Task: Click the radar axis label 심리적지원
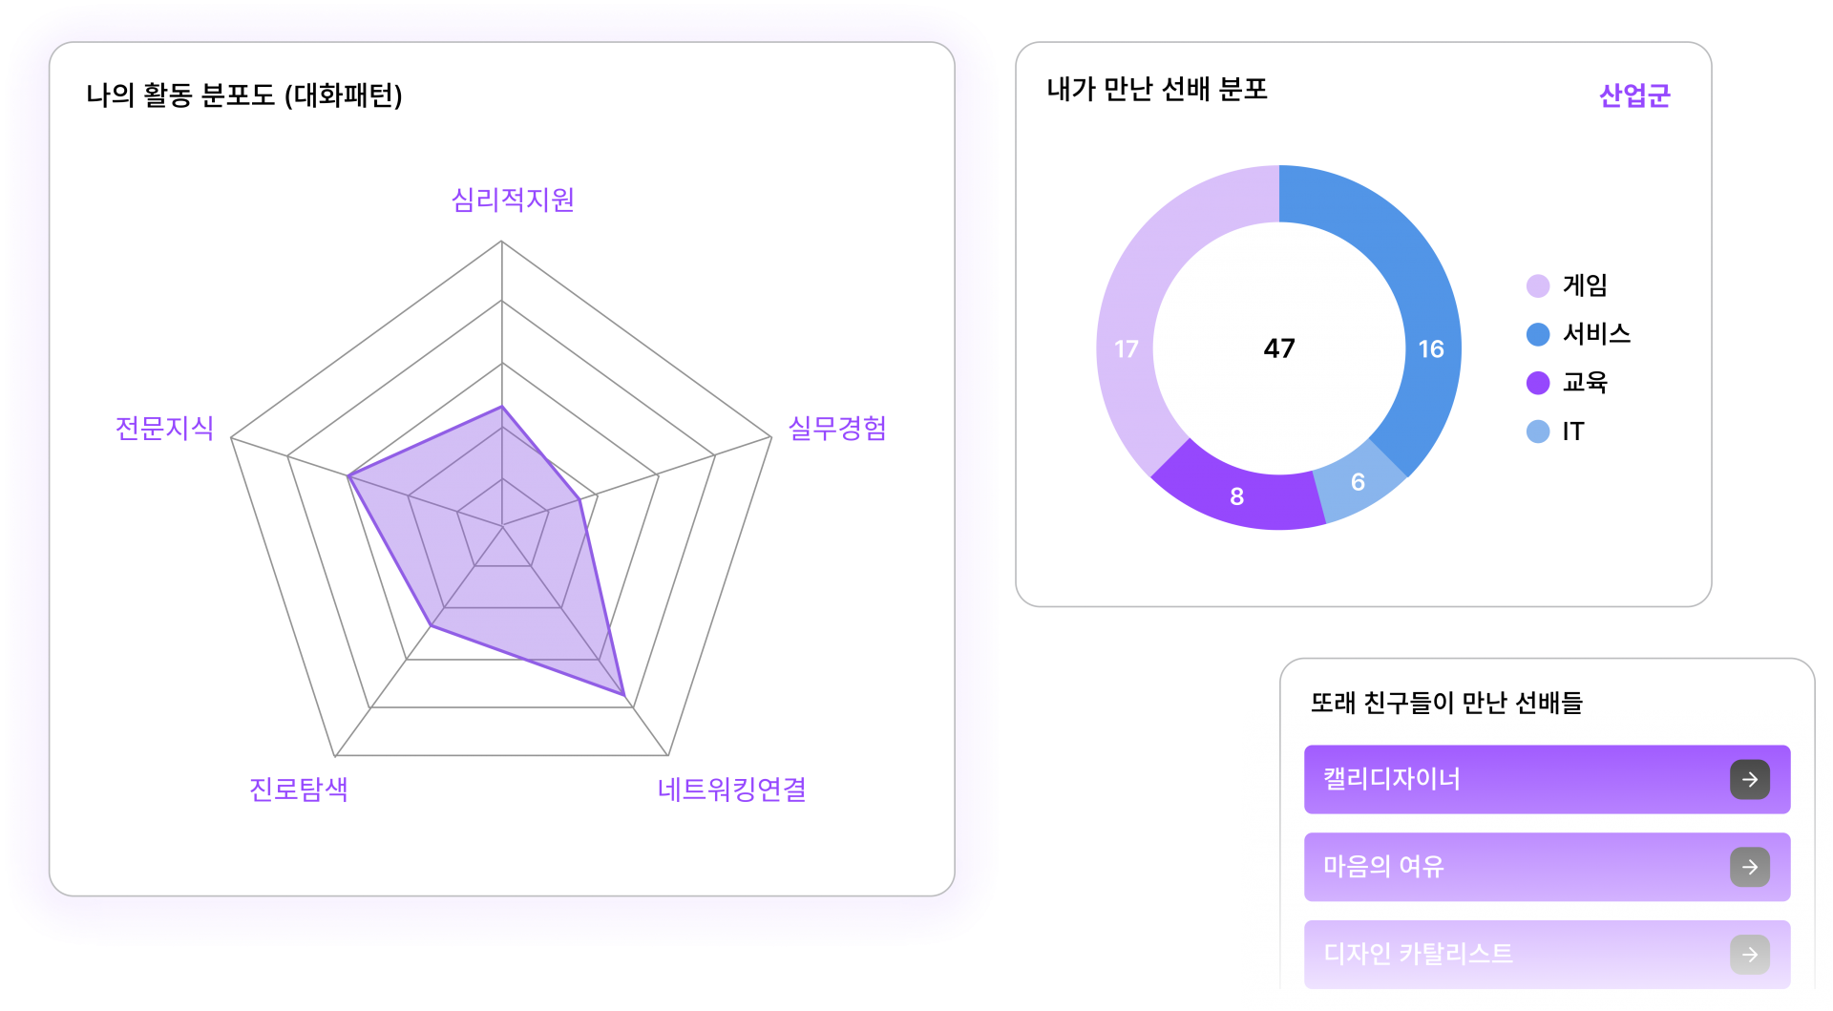pos(513,200)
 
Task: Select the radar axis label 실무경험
pos(836,428)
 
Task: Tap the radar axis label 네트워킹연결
pos(732,790)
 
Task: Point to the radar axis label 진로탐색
pos(299,790)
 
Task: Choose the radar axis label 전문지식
pos(164,428)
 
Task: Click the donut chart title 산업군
pos(1634,95)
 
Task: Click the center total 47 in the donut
pos(1279,348)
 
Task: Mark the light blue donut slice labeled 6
pos(1358,482)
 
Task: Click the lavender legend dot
pos(1538,285)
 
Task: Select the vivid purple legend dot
pos(1538,383)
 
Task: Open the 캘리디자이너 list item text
pos(1391,779)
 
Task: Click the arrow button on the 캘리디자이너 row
pos(1749,779)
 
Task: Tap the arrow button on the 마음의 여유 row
pos(1749,867)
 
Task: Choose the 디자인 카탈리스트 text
pos(1418,954)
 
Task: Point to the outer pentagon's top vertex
pos(501,242)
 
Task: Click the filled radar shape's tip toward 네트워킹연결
pos(625,698)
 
